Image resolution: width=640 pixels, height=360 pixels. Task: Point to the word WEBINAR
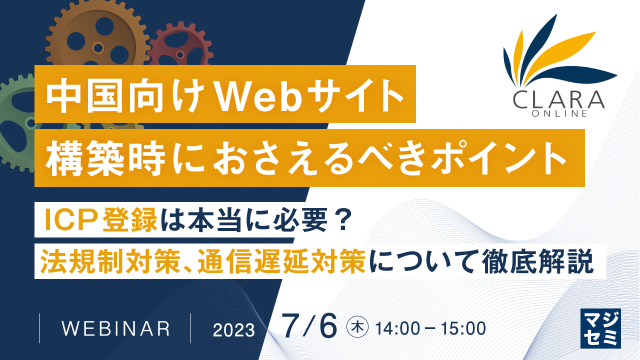pyautogui.click(x=115, y=328)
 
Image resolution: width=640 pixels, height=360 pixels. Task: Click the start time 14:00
pyautogui.click(x=399, y=328)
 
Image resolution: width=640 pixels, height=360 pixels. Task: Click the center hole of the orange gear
pyautogui.click(x=97, y=48)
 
